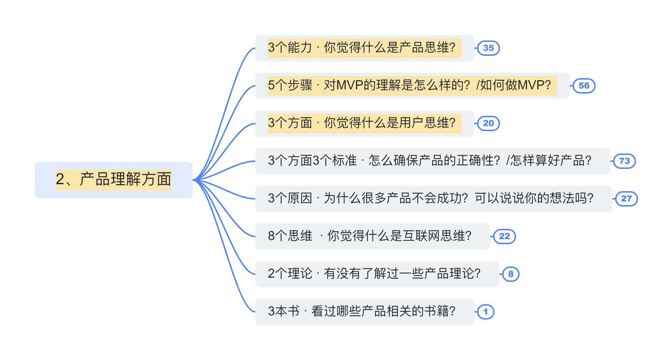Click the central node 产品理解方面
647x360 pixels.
[114, 180]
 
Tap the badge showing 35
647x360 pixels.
[488, 48]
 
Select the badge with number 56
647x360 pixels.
[584, 86]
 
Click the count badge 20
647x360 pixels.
[488, 123]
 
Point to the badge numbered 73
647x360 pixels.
[624, 161]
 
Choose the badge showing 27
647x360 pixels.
[626, 199]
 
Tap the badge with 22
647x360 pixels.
[504, 237]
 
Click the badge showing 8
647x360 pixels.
[511, 274]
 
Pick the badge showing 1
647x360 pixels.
[486, 312]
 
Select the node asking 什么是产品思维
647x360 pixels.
[365, 48]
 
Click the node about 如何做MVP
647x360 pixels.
[412, 86]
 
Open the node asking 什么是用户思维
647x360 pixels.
[365, 123]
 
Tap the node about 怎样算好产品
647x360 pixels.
[433, 161]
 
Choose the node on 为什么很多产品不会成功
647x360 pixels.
[434, 199]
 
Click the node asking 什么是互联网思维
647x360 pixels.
[373, 237]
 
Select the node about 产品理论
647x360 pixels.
[377, 274]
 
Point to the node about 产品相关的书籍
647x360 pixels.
[365, 312]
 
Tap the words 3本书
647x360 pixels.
[283, 311]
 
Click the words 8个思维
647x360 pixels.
[290, 236]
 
